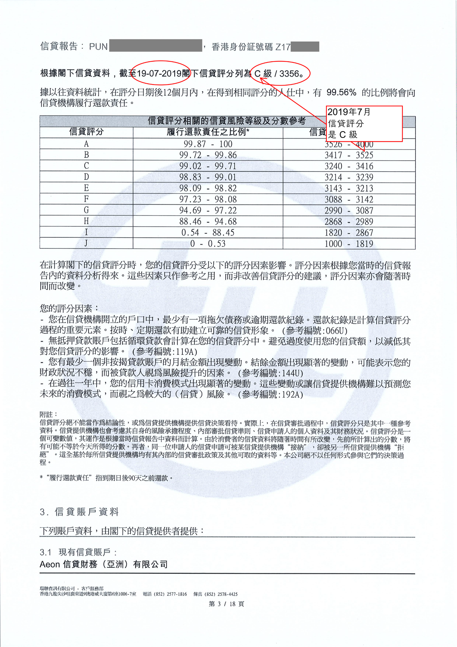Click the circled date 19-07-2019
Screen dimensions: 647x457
click(159, 73)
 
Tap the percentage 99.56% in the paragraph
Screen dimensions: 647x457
click(341, 92)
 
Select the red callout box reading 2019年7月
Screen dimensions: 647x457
click(364, 123)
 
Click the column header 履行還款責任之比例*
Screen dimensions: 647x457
click(208, 132)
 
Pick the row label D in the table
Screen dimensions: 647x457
click(86, 177)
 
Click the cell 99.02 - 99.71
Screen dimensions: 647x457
click(208, 166)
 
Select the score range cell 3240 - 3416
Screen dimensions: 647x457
click(349, 166)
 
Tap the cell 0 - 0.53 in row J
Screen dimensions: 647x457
click(208, 244)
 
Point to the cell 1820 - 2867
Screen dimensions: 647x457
click(349, 233)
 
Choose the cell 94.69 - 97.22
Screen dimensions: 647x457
click(208, 210)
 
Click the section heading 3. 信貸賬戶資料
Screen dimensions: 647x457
click(79, 512)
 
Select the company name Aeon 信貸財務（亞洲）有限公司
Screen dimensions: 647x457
click(104, 564)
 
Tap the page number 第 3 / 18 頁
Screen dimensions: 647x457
click(226, 604)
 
